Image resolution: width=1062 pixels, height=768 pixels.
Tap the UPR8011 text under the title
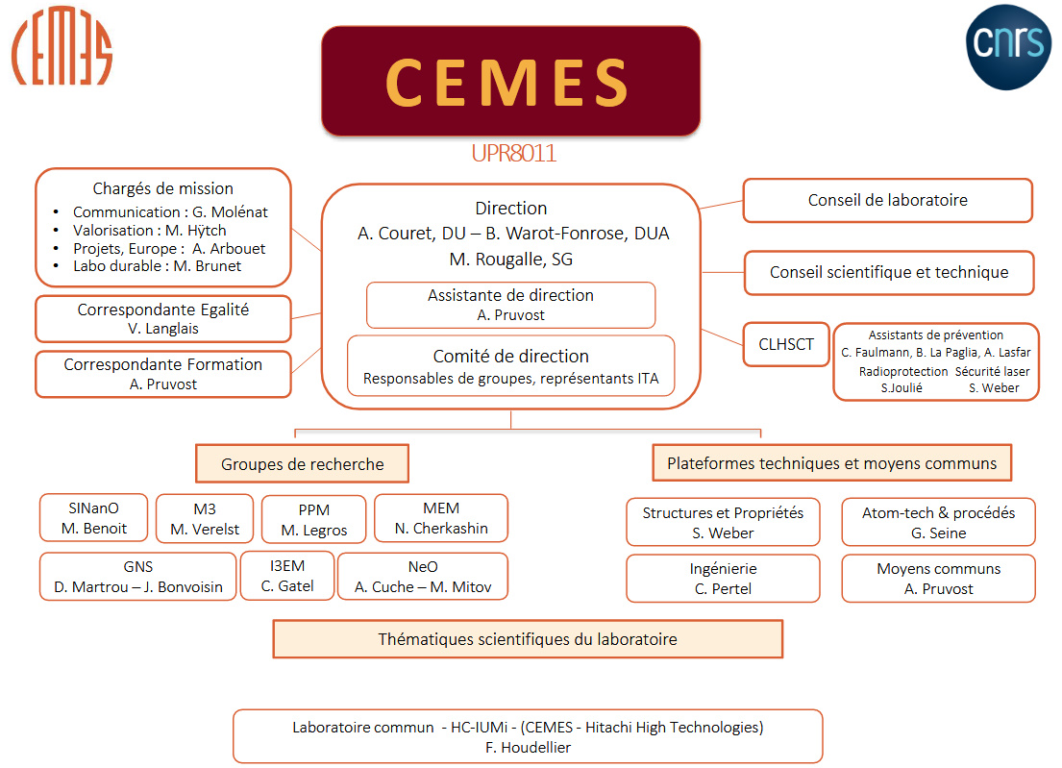[x=513, y=154]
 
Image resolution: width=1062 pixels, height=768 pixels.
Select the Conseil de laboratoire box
[x=887, y=201]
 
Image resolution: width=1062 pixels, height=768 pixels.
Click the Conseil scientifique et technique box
[x=888, y=273]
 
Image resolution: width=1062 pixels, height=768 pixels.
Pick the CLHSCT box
[x=785, y=345]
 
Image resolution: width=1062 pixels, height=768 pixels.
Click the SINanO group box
[x=94, y=519]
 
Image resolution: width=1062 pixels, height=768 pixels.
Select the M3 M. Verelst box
[x=203, y=519]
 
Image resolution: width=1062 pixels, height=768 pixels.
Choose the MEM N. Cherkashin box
[x=440, y=518]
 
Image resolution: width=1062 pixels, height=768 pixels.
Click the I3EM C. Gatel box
[x=287, y=576]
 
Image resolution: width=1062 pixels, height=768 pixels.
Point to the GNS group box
[x=137, y=577]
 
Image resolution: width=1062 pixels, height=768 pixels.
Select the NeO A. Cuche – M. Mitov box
[x=423, y=577]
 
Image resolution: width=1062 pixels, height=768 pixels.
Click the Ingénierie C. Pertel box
[x=723, y=579]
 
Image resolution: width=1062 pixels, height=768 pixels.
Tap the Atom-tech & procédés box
[x=938, y=523]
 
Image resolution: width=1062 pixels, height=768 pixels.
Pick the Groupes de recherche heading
[x=302, y=463]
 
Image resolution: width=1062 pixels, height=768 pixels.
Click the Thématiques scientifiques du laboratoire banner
[x=527, y=639]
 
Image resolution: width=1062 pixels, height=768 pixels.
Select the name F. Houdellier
[x=527, y=747]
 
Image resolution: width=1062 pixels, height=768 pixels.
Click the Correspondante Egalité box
[x=162, y=319]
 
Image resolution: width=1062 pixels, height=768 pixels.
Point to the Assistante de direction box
[x=510, y=305]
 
